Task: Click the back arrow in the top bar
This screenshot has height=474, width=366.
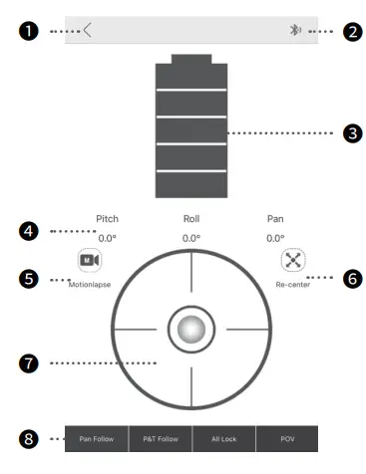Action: [88, 30]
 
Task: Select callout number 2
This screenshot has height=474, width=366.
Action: [351, 31]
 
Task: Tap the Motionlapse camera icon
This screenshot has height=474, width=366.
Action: [91, 261]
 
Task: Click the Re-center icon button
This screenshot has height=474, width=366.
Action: [291, 261]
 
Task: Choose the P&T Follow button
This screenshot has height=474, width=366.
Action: [160, 438]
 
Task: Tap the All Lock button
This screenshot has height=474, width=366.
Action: [223, 438]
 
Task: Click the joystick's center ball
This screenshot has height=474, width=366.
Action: [191, 327]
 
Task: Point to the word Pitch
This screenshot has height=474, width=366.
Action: [107, 218]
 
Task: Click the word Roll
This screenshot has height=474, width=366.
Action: [191, 218]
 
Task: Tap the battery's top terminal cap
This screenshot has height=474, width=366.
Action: [191, 61]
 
